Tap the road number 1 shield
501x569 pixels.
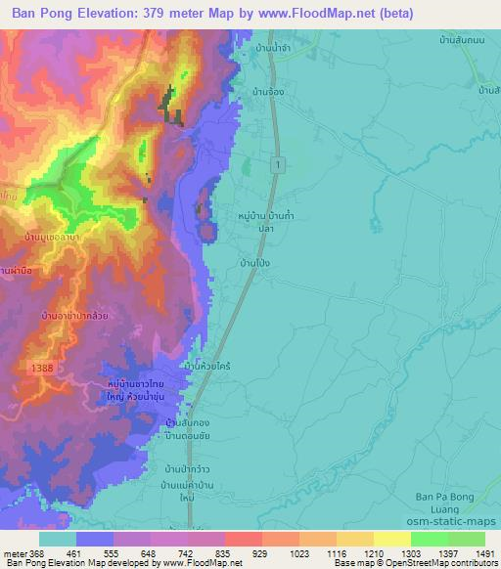coord(279,166)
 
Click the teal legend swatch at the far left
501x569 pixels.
coord(58,539)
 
